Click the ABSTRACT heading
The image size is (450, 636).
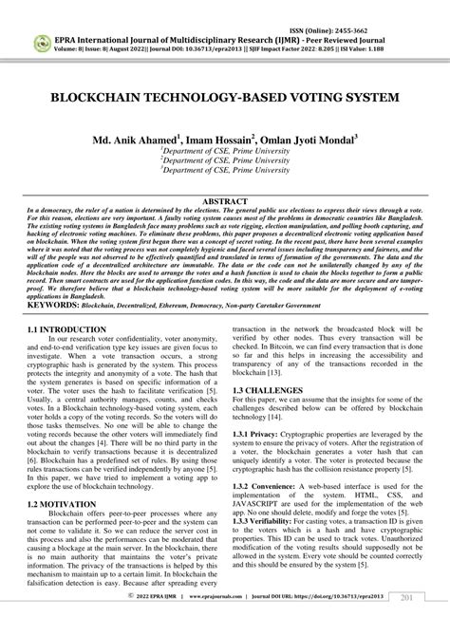(225, 201)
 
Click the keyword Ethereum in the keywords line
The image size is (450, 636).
(198, 308)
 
